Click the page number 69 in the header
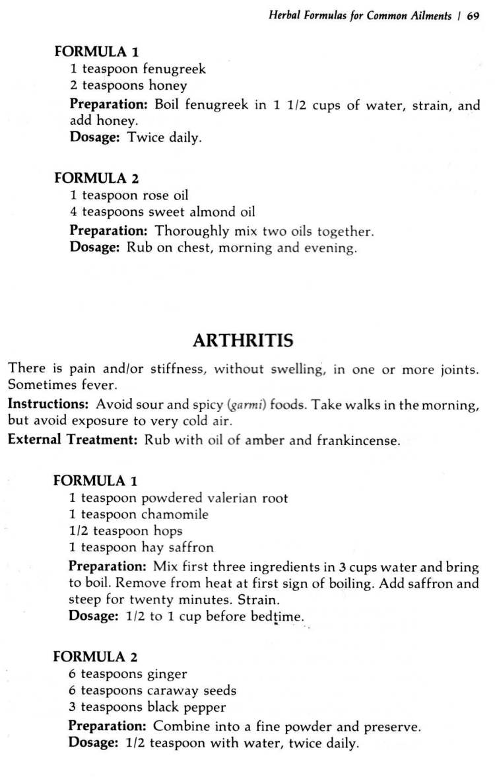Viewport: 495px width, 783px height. click(x=473, y=17)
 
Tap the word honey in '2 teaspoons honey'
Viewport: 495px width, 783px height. click(x=168, y=85)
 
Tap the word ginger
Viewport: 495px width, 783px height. click(x=168, y=674)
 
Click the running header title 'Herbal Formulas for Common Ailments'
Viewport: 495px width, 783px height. click(x=359, y=17)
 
